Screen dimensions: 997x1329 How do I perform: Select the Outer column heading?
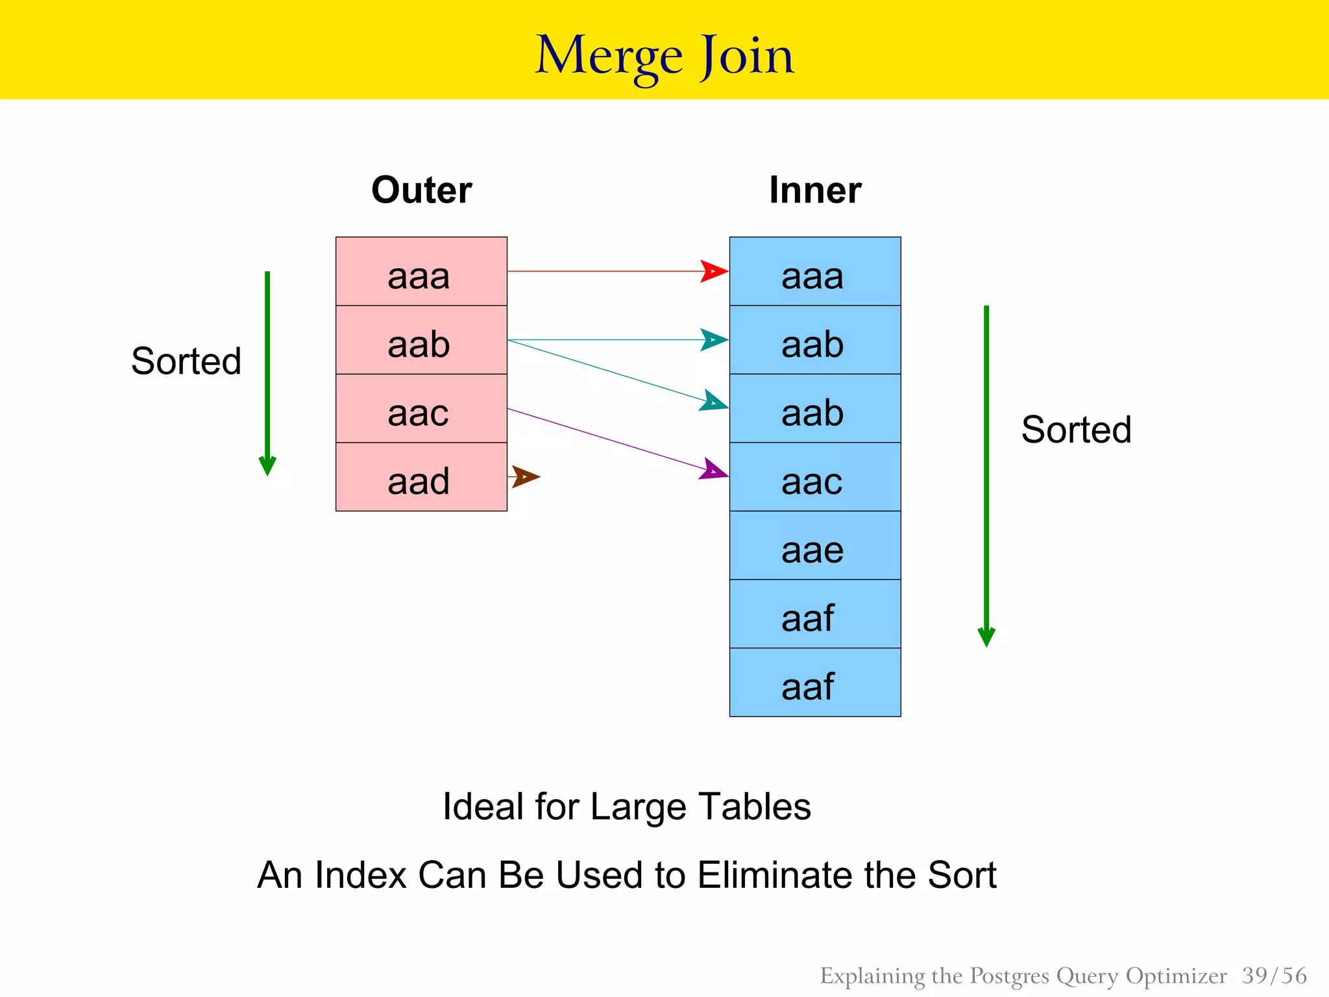click(421, 190)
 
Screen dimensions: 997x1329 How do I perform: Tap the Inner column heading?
click(815, 190)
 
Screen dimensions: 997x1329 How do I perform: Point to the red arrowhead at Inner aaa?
click(714, 271)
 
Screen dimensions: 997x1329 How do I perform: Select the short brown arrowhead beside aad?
click(526, 476)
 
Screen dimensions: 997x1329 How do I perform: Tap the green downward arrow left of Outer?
click(267, 373)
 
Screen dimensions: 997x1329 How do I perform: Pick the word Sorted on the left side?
click(186, 362)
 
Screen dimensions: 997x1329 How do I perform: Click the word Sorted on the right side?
click(1076, 430)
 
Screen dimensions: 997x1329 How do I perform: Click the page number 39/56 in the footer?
click(1274, 976)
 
